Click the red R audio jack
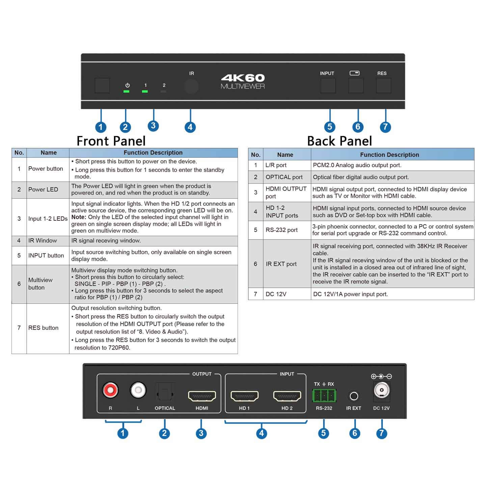110,390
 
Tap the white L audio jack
138,390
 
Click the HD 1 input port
244,396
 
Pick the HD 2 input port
287,396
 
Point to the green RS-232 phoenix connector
324,395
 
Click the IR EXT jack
354,396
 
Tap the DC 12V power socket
381,391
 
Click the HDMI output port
202,396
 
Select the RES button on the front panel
383,85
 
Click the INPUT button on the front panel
328,85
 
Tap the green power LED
127,91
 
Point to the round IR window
191,86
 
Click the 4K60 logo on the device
243,78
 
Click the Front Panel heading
111,141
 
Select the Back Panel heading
340,141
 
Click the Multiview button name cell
48,284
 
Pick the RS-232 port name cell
287,230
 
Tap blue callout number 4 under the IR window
190,127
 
